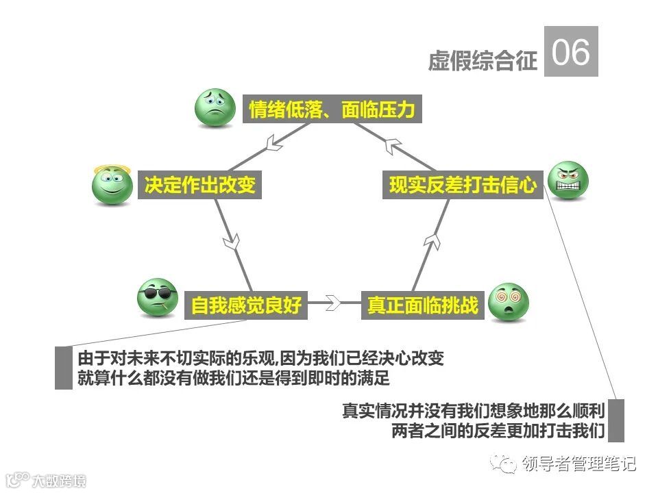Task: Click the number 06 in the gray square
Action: point(571,51)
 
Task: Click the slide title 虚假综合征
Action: point(482,60)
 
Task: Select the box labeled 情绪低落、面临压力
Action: point(332,110)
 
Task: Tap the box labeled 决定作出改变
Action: point(199,185)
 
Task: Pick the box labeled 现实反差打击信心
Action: point(463,185)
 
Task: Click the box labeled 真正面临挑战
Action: point(422,305)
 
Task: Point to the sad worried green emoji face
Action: point(215,107)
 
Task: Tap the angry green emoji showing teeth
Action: point(569,181)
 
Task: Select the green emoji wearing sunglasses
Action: point(158,298)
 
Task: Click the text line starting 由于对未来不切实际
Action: point(265,357)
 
